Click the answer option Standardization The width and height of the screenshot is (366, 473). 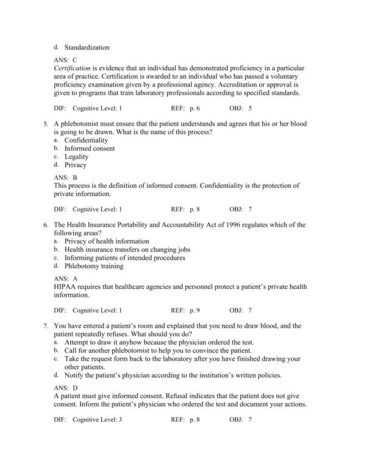point(87,47)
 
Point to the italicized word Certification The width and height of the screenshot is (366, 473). point(73,69)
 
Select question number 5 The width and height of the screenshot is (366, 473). point(46,124)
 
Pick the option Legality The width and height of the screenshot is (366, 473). point(76,157)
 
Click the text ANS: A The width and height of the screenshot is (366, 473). point(66,279)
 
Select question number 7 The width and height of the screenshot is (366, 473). point(46,325)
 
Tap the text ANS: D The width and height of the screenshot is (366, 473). point(66,388)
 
